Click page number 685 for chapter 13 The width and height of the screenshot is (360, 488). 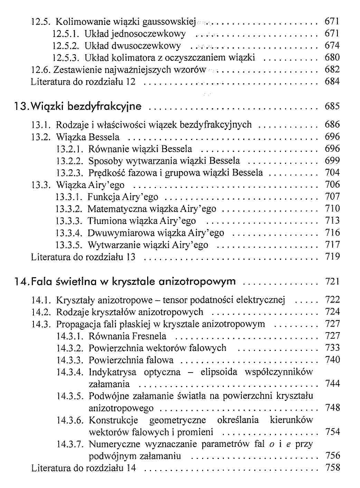click(x=332, y=106)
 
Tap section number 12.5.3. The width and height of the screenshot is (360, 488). click(x=66, y=58)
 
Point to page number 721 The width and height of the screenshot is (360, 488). click(x=332, y=282)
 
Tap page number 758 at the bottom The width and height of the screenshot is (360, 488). click(x=332, y=468)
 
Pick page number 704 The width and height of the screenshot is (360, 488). click(x=332, y=172)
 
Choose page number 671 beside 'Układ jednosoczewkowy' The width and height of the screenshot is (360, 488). click(x=332, y=34)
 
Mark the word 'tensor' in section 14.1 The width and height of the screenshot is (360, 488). click(x=175, y=300)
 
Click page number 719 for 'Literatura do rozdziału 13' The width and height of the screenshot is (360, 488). click(x=332, y=257)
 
